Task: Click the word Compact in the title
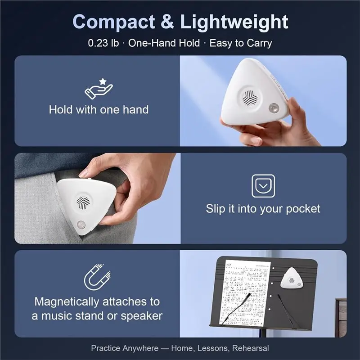[x=114, y=22]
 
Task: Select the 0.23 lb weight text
[x=103, y=43]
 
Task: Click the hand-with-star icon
[x=99, y=89]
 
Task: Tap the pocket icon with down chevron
[x=263, y=186]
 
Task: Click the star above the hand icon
[x=103, y=81]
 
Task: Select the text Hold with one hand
[x=99, y=109]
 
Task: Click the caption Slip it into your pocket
[x=263, y=209]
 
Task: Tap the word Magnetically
[x=67, y=301]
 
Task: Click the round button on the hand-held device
[x=274, y=108]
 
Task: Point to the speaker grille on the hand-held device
[x=250, y=97]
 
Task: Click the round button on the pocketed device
[x=81, y=224]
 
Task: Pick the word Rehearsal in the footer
[x=250, y=348]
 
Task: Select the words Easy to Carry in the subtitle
[x=241, y=43]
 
